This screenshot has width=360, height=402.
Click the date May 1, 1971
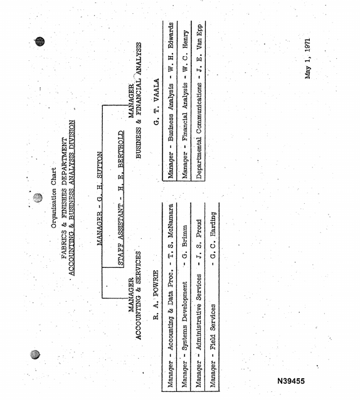click(x=308, y=59)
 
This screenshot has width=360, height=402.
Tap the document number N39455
click(x=291, y=381)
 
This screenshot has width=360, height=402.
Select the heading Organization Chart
click(x=53, y=198)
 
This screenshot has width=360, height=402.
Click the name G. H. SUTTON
click(x=100, y=177)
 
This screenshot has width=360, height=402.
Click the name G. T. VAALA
click(x=156, y=102)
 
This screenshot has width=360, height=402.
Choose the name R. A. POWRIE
click(x=156, y=295)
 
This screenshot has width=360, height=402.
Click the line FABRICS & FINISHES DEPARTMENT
click(x=65, y=198)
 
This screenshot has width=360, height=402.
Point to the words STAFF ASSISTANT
click(x=121, y=235)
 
